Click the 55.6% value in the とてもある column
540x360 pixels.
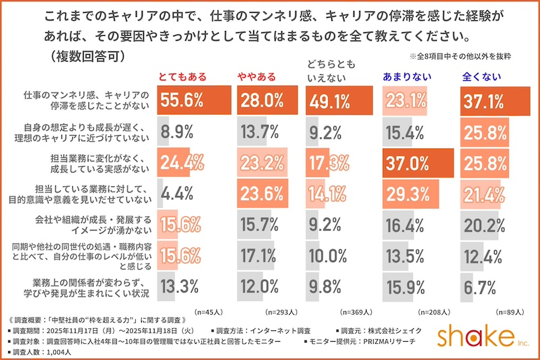point(181,101)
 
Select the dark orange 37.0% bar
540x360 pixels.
point(417,163)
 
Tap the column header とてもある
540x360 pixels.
point(182,76)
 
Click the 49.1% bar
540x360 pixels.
point(337,101)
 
